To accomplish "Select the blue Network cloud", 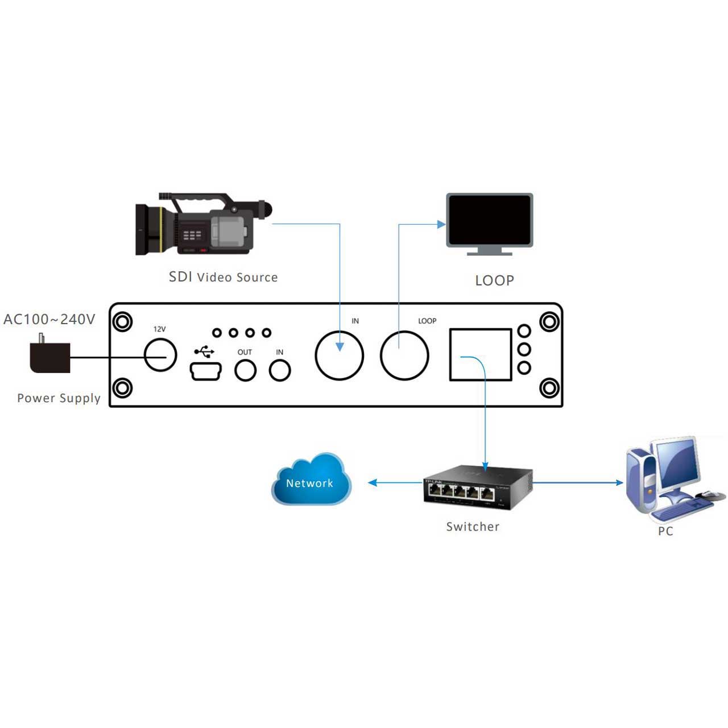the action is click(311, 479).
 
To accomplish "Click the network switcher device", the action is click(478, 487).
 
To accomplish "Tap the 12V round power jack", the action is click(160, 355).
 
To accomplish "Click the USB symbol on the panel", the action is click(204, 351).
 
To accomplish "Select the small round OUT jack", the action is click(246, 371).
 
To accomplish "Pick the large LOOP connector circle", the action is click(404, 355).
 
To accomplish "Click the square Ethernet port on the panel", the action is click(481, 354).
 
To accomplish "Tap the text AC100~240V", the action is click(49, 319).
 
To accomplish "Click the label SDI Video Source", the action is click(224, 277).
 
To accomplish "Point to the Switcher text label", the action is click(473, 527).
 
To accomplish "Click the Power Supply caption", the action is click(59, 398).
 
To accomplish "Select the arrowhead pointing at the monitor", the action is click(441, 225).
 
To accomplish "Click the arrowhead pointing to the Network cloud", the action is click(373, 482).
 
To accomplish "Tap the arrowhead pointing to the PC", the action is click(619, 482).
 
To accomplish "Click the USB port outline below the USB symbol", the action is click(205, 371).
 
